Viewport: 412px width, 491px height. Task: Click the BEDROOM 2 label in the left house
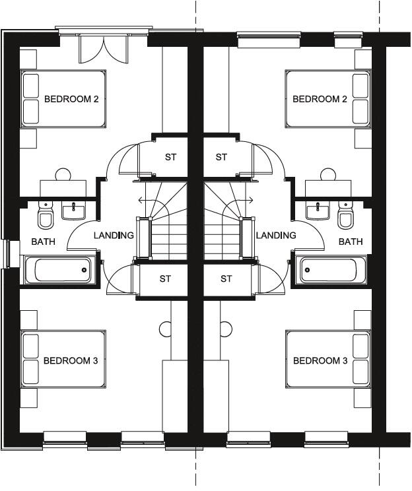click(x=71, y=100)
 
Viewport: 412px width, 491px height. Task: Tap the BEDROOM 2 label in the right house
click(x=320, y=100)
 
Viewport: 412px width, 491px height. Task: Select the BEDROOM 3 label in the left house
click(x=71, y=361)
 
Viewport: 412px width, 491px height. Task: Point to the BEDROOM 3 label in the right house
click(x=320, y=361)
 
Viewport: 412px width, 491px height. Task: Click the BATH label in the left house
click(x=43, y=242)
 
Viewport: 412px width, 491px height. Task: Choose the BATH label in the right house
click(x=351, y=242)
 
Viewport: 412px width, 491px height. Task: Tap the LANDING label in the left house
click(x=114, y=236)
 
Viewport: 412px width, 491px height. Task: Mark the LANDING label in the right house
click(x=276, y=236)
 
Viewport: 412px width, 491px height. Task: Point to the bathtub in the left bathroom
click(x=57, y=270)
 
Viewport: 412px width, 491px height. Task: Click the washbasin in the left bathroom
click(x=73, y=211)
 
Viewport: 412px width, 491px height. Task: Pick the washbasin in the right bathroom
click(x=318, y=211)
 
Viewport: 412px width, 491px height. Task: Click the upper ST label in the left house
click(x=171, y=157)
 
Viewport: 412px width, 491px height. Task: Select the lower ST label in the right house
click(x=226, y=278)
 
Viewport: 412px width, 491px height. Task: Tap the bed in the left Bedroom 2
click(x=63, y=100)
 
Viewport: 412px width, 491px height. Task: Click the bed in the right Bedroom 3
click(x=328, y=359)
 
